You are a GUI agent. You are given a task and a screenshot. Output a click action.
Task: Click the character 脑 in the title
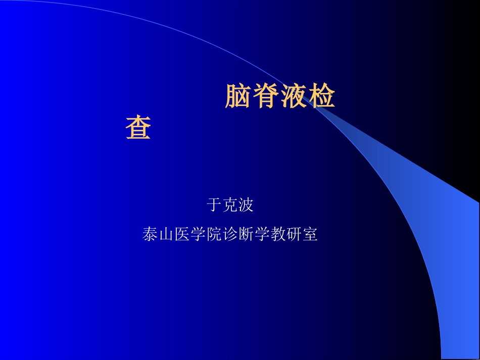tap(238, 96)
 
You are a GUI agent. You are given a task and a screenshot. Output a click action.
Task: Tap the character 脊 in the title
tap(266, 96)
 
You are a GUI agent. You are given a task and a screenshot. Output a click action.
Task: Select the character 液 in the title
tap(294, 96)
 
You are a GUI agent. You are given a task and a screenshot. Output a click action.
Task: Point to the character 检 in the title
tap(321, 96)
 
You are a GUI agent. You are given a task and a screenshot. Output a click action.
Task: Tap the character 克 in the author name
tap(230, 205)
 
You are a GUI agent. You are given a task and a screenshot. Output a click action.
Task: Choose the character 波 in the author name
tap(246, 205)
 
